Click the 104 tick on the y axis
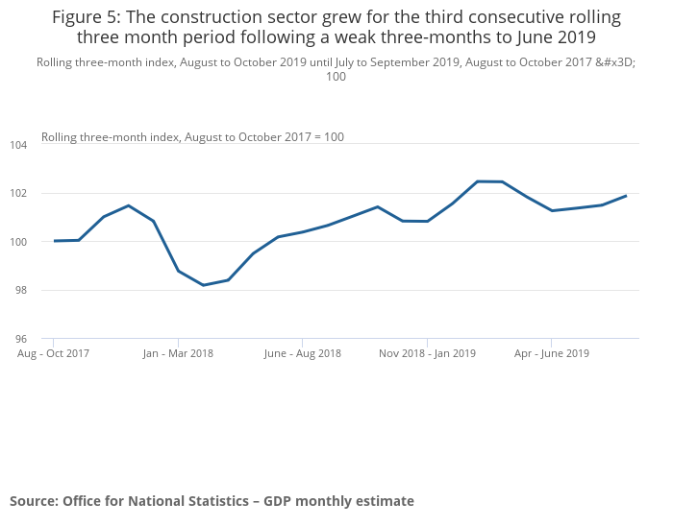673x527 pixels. (19, 145)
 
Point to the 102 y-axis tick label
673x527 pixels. (19, 193)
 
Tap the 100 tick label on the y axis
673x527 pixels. (19, 242)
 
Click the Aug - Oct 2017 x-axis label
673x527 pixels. (54, 353)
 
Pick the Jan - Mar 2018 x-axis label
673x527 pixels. (178, 353)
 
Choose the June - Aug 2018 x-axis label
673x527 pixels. (302, 353)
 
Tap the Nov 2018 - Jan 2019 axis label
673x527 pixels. (427, 353)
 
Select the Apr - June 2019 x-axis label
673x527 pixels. (551, 353)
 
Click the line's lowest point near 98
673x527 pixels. (203, 285)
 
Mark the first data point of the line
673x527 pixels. (54, 241)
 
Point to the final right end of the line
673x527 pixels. (626, 196)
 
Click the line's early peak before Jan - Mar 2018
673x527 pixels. (128, 205)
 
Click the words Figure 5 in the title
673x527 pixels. (83, 18)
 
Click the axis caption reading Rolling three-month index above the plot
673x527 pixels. (110, 137)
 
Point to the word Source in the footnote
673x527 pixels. (33, 501)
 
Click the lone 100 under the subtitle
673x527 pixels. (336, 77)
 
